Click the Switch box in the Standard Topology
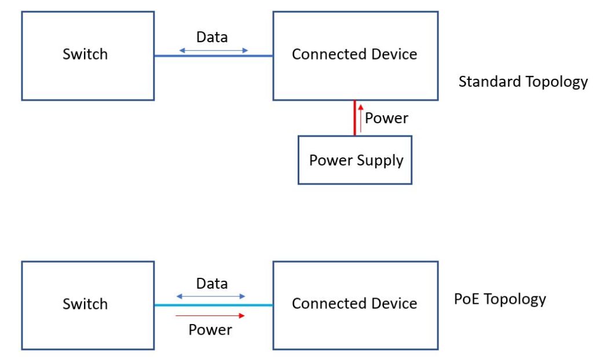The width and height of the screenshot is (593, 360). pos(87,56)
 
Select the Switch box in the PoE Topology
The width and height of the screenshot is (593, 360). pos(87,305)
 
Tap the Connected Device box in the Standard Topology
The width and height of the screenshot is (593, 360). pos(355,56)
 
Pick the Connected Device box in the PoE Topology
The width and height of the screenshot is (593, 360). pos(355,305)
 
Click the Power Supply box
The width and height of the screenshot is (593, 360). pos(355,160)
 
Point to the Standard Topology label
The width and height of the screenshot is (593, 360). pos(522,82)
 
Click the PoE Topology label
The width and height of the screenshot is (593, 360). pos(500,299)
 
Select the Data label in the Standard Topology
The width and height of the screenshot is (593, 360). pos(212,38)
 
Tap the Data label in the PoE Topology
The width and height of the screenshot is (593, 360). pos(212,284)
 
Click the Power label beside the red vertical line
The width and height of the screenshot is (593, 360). pos(387,119)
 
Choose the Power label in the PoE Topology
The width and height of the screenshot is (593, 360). pos(210,330)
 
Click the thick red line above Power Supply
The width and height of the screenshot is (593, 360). pos(355,118)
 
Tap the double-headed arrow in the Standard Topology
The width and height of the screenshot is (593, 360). pos(213,50)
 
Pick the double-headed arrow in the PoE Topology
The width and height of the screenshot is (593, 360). pos(211,296)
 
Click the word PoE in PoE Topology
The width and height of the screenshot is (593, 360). pos(466,299)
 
